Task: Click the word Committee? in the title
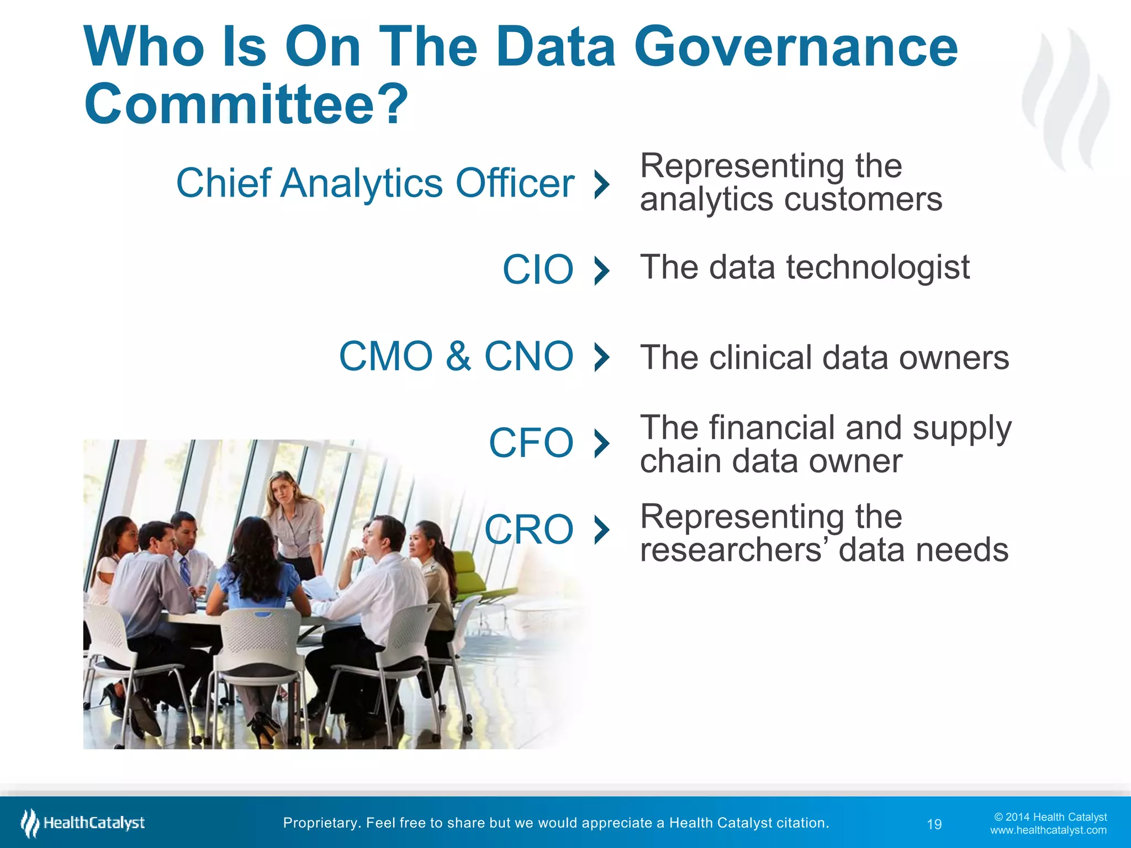[246, 104]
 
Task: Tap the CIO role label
[538, 269]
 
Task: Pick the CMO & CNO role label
[456, 356]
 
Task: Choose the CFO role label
[531, 443]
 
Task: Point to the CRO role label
[529, 529]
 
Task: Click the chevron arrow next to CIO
[602, 270]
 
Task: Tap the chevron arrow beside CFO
[602, 443]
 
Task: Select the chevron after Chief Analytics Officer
[602, 184]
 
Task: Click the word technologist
[878, 268]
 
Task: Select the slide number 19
[934, 824]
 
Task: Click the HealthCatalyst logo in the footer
[83, 823]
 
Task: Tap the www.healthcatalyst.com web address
[1048, 830]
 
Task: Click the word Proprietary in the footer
[320, 823]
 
